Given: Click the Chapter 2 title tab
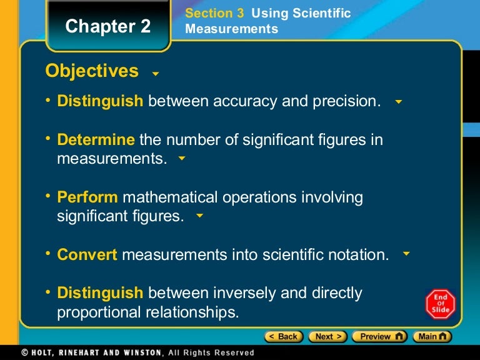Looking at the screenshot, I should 108,27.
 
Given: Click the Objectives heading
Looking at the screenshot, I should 92,71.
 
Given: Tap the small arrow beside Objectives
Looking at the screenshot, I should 156,74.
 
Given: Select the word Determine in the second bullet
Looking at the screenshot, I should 96,140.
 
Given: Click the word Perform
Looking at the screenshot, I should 87,197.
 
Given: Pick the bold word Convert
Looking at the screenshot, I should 87,255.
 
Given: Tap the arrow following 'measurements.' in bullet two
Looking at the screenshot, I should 182,159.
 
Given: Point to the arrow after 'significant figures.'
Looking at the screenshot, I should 199,216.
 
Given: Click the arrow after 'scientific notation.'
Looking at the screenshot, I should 406,254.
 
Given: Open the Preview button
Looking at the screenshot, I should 379,336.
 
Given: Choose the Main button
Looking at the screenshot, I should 432,336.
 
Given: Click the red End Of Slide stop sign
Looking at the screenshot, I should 441,304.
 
